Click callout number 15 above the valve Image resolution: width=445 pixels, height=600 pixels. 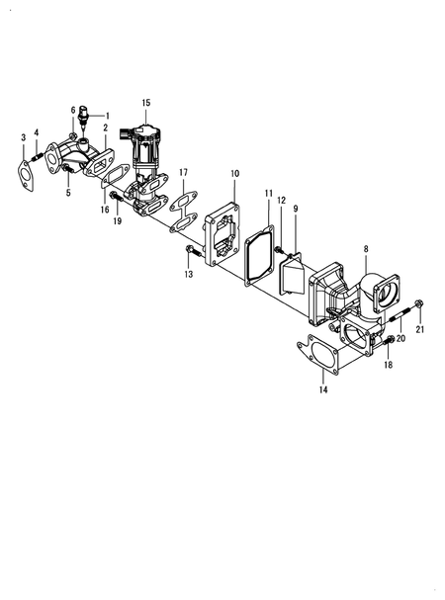point(145,103)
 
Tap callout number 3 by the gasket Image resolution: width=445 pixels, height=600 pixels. point(23,137)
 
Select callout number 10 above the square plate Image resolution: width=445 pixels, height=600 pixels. point(235,174)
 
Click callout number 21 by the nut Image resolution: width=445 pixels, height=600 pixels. point(419,329)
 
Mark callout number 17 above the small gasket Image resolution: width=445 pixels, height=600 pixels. point(183,173)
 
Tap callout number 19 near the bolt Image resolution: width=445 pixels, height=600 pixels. point(118,220)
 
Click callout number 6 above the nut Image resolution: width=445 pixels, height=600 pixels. point(72,109)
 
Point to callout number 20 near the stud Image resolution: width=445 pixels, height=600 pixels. point(400,338)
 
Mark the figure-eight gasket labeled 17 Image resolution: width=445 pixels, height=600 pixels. point(181,214)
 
